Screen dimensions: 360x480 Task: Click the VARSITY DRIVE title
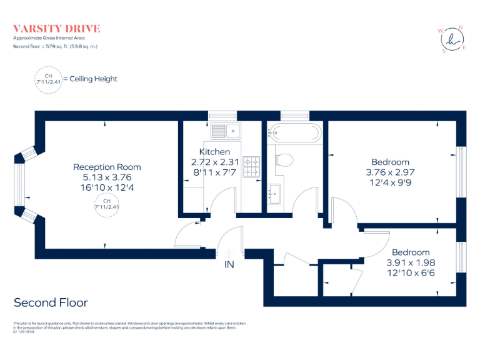[x=57, y=29]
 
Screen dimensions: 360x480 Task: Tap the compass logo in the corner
[x=451, y=39]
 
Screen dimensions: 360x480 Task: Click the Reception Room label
[x=107, y=167]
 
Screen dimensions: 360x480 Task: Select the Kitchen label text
[x=214, y=152]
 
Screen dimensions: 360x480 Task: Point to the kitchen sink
[x=226, y=131]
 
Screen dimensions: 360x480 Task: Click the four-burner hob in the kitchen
[x=251, y=166]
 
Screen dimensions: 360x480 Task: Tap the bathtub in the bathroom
[x=295, y=132]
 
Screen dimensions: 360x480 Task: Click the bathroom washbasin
[x=274, y=194]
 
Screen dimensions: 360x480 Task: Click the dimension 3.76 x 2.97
[x=390, y=172]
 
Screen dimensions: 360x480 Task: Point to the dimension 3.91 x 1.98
[x=410, y=262]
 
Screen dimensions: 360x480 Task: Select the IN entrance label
[x=229, y=265]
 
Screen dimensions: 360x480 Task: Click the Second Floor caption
[x=51, y=302]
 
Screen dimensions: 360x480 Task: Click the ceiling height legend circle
[x=48, y=79]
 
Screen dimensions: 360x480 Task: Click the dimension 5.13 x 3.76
[x=107, y=177]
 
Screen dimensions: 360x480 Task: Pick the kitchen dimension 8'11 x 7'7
[x=214, y=172]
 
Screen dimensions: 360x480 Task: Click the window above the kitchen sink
[x=222, y=115]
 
